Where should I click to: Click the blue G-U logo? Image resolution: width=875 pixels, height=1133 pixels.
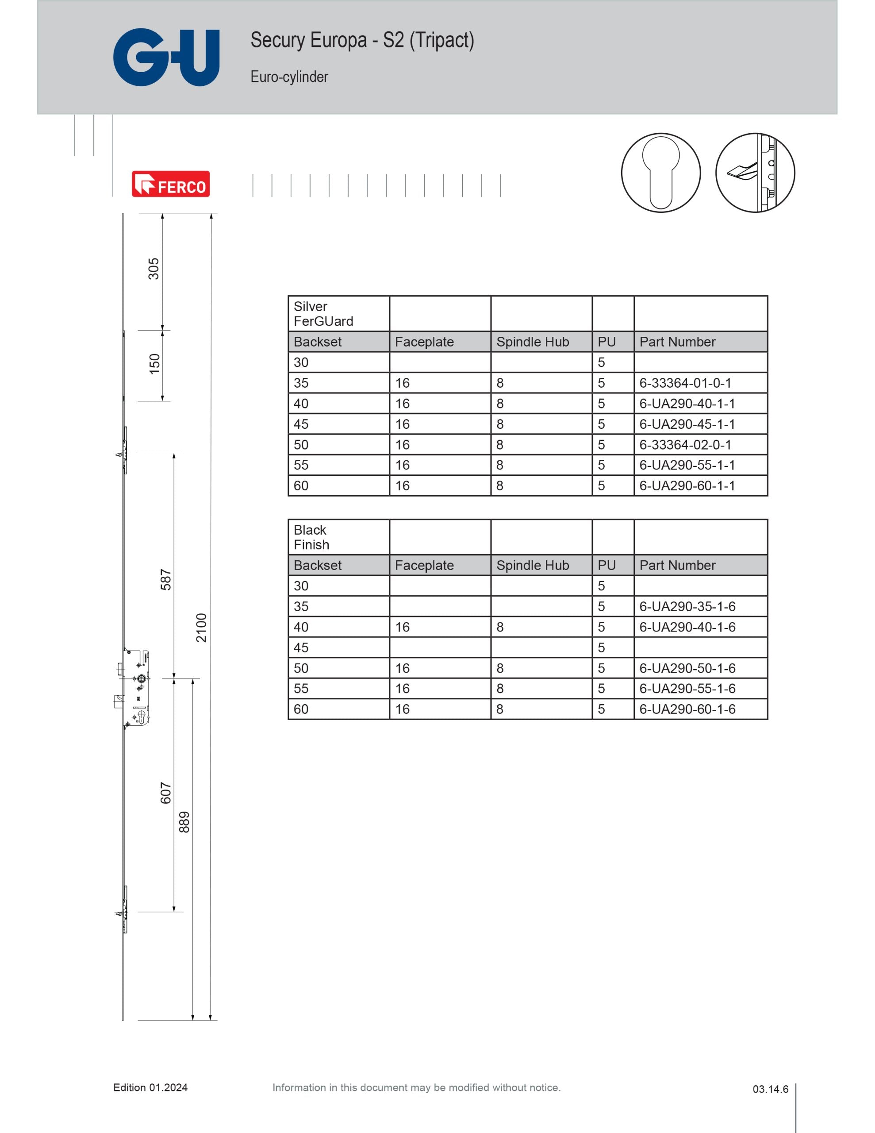tap(166, 57)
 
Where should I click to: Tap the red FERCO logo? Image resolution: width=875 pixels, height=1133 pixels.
tap(171, 184)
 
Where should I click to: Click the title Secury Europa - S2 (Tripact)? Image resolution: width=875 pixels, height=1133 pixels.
tap(362, 40)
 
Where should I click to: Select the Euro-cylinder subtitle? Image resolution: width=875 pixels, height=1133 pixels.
tap(289, 77)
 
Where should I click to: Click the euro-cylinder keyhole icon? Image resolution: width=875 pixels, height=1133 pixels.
tap(661, 173)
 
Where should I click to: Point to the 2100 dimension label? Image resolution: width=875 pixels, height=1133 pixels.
tap(201, 628)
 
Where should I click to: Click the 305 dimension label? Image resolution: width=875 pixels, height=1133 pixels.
tap(154, 269)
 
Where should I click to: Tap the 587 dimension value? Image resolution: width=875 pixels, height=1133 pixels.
tap(165, 579)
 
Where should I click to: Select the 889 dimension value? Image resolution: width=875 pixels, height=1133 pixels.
tap(184, 822)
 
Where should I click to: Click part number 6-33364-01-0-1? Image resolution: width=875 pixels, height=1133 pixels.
tap(685, 383)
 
